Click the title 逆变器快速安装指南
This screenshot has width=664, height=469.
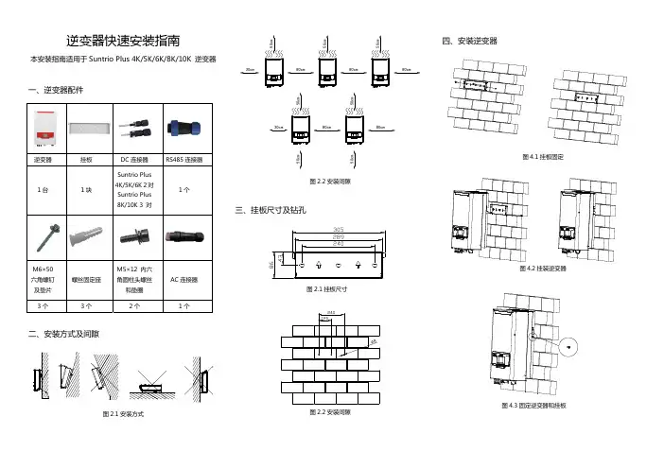point(124,41)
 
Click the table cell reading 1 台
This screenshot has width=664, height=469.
point(44,189)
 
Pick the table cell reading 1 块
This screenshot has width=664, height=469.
point(86,189)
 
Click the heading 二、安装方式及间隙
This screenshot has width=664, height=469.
point(66,334)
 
